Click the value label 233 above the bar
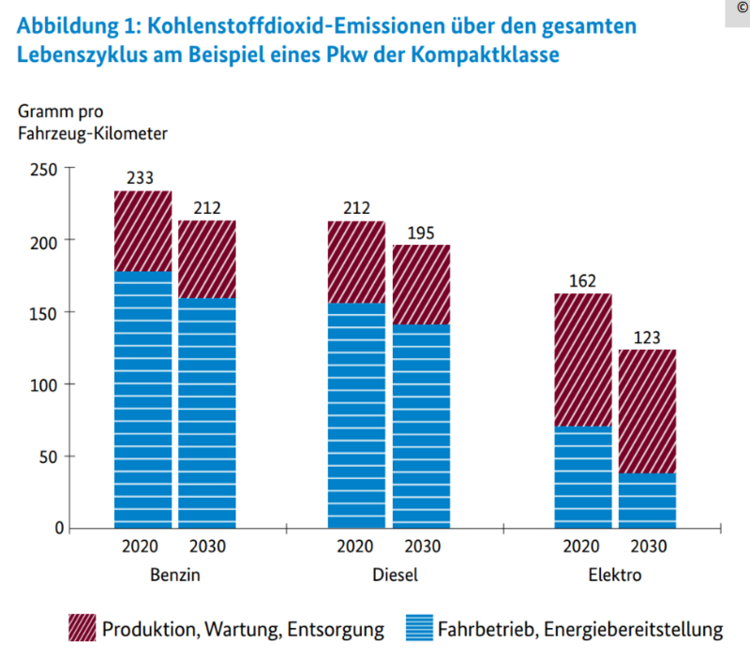[x=142, y=178]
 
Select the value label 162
[x=581, y=280]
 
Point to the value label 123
[x=647, y=337]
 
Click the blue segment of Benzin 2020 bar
[x=142, y=398]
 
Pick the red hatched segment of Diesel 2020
[x=355, y=262]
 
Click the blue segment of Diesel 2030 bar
[x=420, y=426]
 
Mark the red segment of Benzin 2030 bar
[x=206, y=259]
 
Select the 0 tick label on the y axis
[x=56, y=528]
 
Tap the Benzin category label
[x=174, y=575]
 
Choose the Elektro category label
[x=614, y=575]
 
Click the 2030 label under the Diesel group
[x=420, y=547]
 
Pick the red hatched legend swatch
[x=82, y=628]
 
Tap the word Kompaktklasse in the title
[x=493, y=55]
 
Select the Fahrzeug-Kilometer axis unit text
[x=92, y=133]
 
